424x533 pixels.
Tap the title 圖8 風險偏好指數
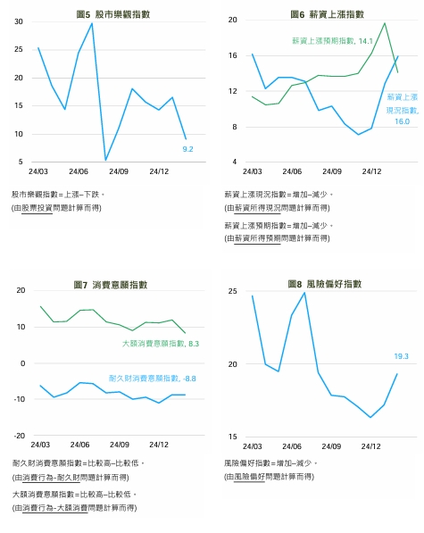326,284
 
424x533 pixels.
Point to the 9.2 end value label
188,149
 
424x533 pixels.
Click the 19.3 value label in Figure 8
402,356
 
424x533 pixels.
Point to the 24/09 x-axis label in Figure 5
118,171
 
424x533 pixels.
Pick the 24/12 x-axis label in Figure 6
371,171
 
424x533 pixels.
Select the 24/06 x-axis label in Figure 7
79,444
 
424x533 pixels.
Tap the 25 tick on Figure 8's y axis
232,292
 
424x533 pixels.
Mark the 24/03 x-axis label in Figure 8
251,444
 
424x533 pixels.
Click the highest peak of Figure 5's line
92,23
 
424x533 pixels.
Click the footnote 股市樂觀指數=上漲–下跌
59,194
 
